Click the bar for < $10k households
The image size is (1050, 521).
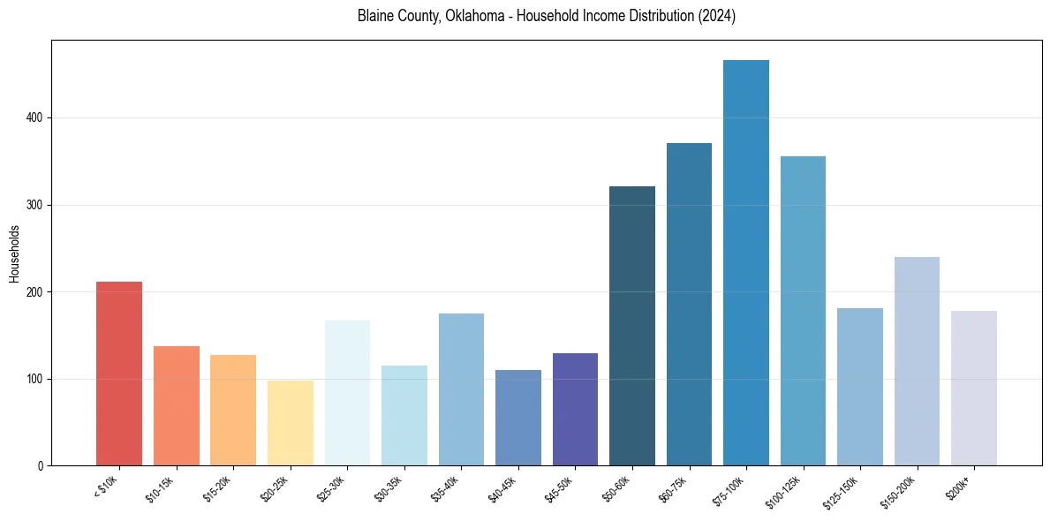click(119, 374)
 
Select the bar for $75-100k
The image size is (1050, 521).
click(746, 262)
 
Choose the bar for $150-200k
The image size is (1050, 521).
click(917, 361)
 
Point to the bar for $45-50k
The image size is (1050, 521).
click(575, 409)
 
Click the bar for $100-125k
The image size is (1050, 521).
click(803, 311)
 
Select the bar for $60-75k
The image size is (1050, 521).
click(689, 305)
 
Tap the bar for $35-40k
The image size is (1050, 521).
click(461, 389)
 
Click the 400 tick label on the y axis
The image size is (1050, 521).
click(34, 117)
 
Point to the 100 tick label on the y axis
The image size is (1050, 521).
click(34, 379)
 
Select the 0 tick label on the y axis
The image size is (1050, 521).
click(40, 466)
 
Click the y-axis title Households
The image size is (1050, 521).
click(14, 253)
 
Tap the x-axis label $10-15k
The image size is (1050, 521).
click(161, 488)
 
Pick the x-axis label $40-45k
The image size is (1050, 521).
click(502, 488)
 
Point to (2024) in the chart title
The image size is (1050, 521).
click(716, 17)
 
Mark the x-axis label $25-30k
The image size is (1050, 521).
click(332, 488)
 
